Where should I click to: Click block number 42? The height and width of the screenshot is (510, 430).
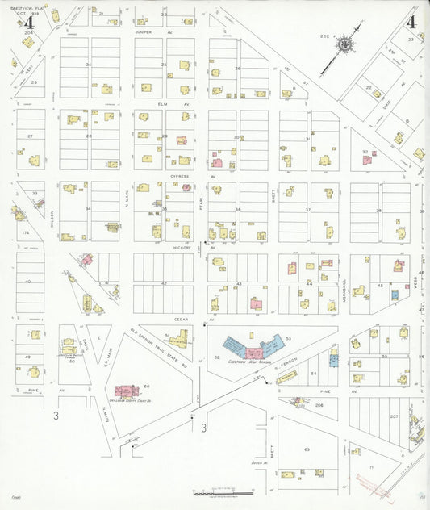tap(163, 284)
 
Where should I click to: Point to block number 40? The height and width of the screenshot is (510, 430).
tap(28, 282)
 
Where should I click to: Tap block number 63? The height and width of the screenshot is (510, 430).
tap(307, 449)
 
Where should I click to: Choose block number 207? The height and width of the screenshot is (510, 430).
tap(394, 416)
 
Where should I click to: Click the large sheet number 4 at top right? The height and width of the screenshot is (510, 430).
tap(411, 22)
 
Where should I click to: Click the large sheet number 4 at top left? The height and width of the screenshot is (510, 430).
tap(29, 22)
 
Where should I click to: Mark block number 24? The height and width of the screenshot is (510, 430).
tap(89, 64)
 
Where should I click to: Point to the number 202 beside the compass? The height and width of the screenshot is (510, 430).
tap(325, 36)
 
